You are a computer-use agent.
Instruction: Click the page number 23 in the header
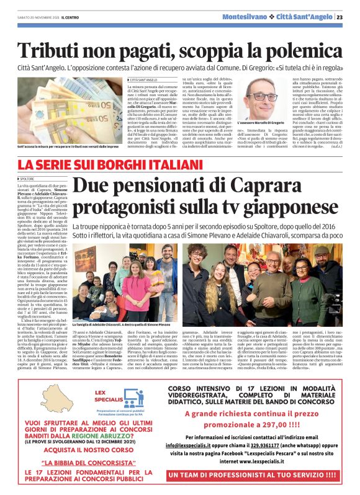coord(349,17)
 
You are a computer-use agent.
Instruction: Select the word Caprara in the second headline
coord(281,184)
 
